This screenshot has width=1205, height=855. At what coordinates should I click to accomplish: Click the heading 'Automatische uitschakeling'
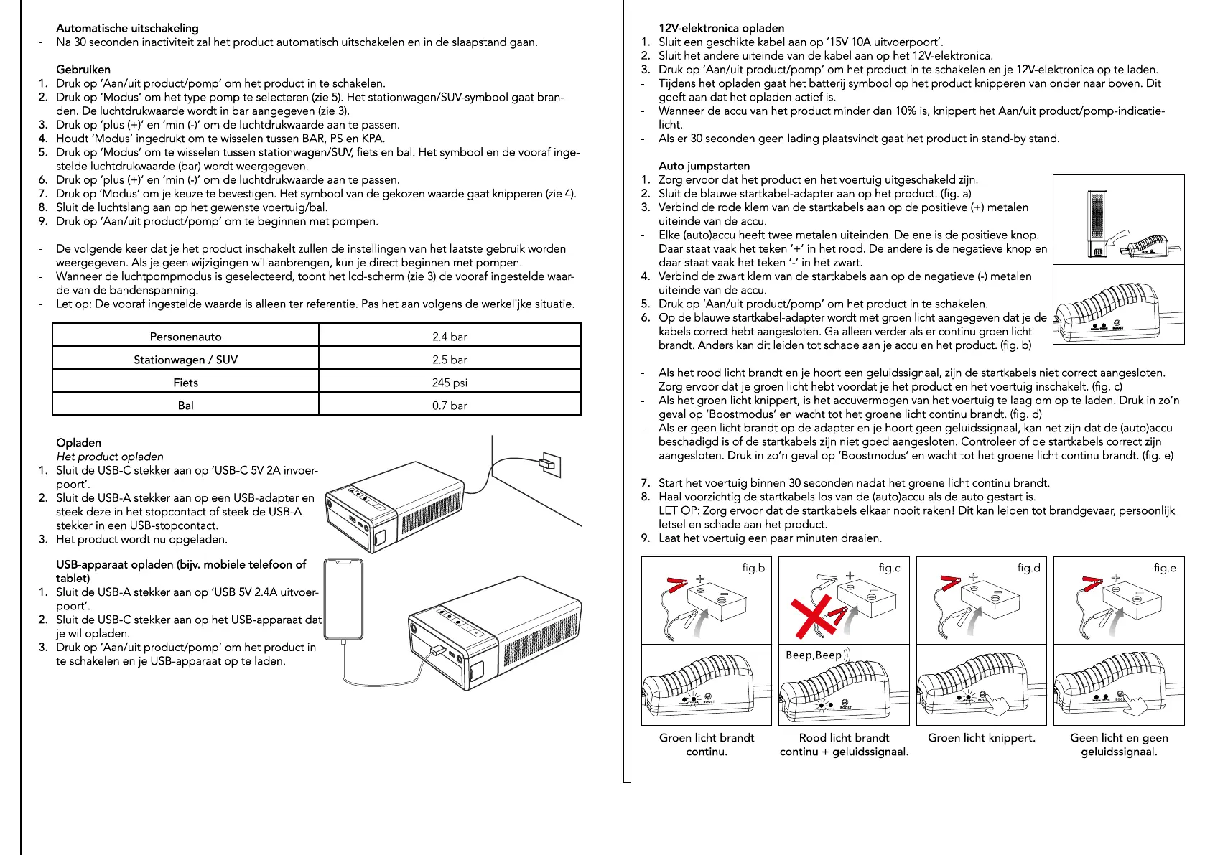coord(127,28)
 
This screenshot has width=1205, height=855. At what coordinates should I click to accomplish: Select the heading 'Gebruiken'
coord(83,70)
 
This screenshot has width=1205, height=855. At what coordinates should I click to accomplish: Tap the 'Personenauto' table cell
coord(185,336)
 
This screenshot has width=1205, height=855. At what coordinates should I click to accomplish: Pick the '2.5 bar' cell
coord(450,359)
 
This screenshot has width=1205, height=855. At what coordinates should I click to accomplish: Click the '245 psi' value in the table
coord(450,383)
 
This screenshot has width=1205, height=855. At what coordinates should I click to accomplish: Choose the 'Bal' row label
coord(185,406)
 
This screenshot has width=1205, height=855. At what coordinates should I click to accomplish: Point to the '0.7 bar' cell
coord(450,406)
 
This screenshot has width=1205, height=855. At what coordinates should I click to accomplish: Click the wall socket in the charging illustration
coord(550,464)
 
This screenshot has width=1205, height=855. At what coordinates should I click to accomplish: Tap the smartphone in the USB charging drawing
coord(343,599)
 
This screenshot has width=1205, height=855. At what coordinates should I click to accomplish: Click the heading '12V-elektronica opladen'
coord(721,28)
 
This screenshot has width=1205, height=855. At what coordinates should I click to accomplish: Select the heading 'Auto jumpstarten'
coord(704,166)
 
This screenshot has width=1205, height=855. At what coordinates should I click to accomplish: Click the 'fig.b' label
coord(753,568)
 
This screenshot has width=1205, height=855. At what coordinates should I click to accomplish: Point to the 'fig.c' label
coord(889,568)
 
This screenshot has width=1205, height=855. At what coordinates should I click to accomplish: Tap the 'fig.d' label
coord(1028,568)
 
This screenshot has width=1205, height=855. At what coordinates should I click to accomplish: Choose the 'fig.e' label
coord(1165,568)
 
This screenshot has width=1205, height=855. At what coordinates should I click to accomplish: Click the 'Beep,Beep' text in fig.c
coord(814,655)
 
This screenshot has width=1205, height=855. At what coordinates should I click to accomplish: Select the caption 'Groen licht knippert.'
coord(982,737)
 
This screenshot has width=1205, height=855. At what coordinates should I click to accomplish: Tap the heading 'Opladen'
coord(78,443)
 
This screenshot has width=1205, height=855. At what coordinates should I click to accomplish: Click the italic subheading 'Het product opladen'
coord(110,457)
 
